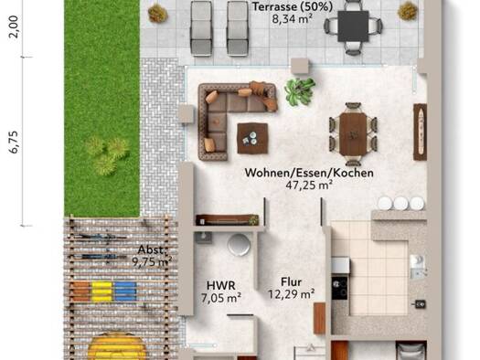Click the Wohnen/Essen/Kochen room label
(309, 173)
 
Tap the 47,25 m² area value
(309, 185)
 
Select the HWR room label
(221, 285)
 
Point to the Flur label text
(291, 281)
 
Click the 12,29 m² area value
(291, 294)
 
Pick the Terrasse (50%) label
(293, 6)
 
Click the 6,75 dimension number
(15, 142)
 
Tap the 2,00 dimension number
(14, 26)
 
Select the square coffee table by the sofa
(252, 138)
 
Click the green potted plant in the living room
(299, 91)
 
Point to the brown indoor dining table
(353, 134)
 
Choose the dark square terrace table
(353, 26)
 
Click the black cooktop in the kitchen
(340, 287)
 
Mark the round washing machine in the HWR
(239, 245)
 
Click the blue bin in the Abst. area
(125, 291)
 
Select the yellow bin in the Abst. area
(101, 291)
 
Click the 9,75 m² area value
(152, 262)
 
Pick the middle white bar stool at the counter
(400, 203)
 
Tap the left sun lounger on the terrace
(201, 28)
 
